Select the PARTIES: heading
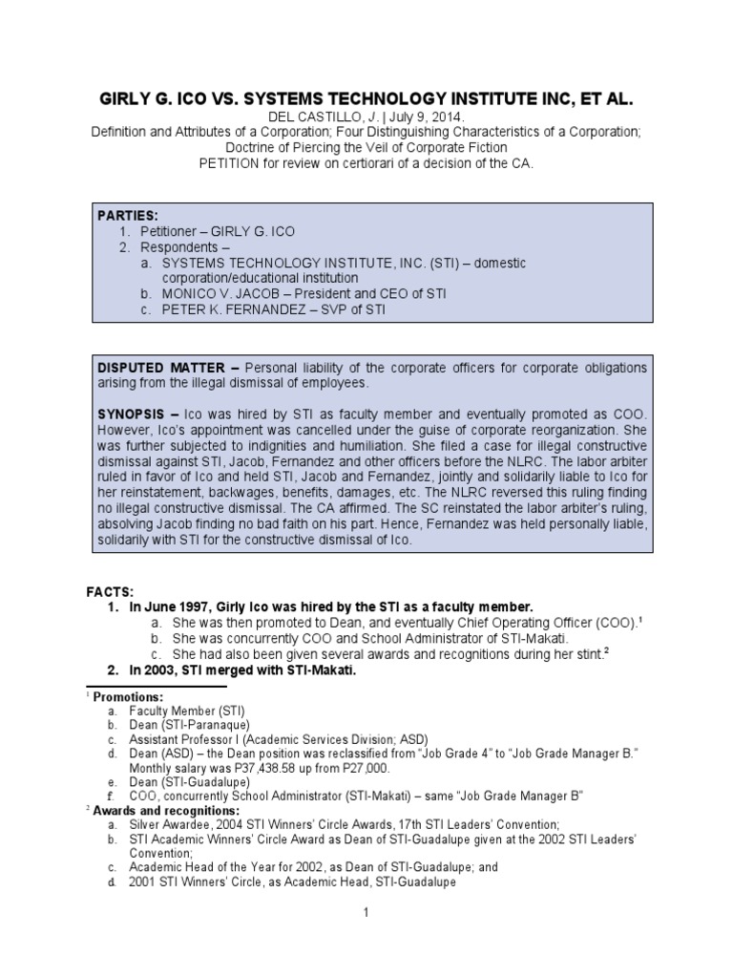[127, 215]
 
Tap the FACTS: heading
[111, 592]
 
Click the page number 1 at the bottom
[366, 913]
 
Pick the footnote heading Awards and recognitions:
[166, 810]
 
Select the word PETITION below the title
[230, 163]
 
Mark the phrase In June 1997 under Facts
[159, 607]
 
